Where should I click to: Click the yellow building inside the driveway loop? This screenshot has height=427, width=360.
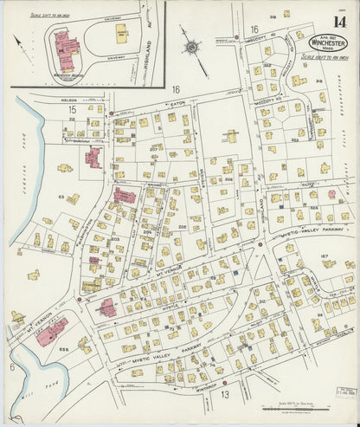tap(122, 33)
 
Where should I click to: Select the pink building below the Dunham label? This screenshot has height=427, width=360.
tap(93, 157)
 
